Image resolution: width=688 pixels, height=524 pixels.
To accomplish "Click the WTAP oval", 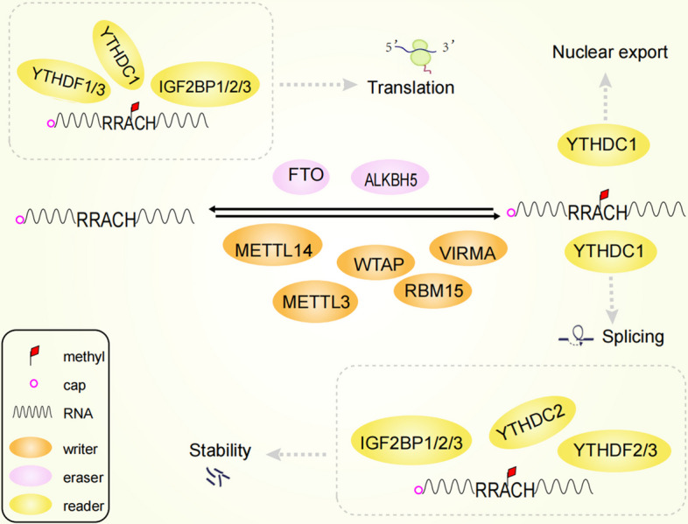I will pos(376,262).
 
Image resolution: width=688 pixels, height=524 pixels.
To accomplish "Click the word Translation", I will pos(410,87).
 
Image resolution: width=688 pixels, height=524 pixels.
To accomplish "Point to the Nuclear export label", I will pos(609,52).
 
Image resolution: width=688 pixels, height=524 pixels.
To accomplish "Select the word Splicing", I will pos(632,337).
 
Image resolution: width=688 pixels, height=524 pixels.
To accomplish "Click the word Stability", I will pos(220,451).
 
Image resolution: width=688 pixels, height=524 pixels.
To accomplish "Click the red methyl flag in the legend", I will pos(33,356).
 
